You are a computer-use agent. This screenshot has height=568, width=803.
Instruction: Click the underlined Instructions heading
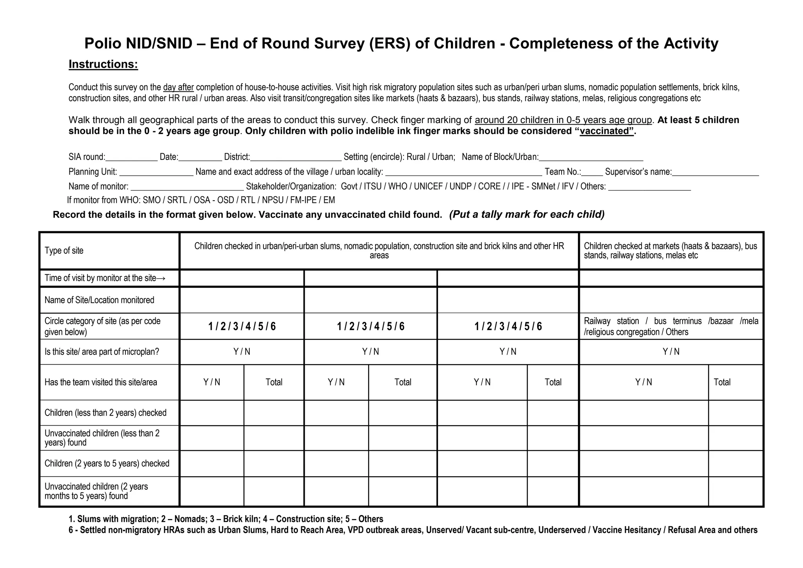(x=103, y=64)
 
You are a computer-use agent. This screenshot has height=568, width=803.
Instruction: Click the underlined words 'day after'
(x=178, y=87)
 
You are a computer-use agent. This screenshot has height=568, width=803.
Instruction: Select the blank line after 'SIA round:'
(x=131, y=158)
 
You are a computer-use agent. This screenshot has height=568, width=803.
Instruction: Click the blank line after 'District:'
(x=296, y=158)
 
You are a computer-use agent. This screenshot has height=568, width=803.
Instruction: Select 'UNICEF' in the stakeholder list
(x=428, y=187)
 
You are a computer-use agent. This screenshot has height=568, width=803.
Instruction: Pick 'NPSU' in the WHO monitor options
(x=273, y=200)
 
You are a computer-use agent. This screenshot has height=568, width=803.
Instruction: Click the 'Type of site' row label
(x=64, y=251)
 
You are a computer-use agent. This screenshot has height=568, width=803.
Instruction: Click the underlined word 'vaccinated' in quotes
(x=606, y=131)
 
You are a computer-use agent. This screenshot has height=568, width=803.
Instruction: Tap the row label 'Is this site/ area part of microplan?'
(x=102, y=352)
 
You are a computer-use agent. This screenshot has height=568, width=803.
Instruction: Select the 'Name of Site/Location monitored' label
(x=99, y=300)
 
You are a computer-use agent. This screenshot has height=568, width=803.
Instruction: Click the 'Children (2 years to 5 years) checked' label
(x=107, y=464)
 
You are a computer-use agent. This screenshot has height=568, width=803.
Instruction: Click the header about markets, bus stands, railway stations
(x=670, y=251)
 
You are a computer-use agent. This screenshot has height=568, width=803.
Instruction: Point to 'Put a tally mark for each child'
(x=527, y=214)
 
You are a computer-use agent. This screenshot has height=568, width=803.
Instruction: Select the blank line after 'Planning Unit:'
(x=156, y=172)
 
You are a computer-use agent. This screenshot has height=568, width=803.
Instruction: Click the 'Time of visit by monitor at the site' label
(x=104, y=278)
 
